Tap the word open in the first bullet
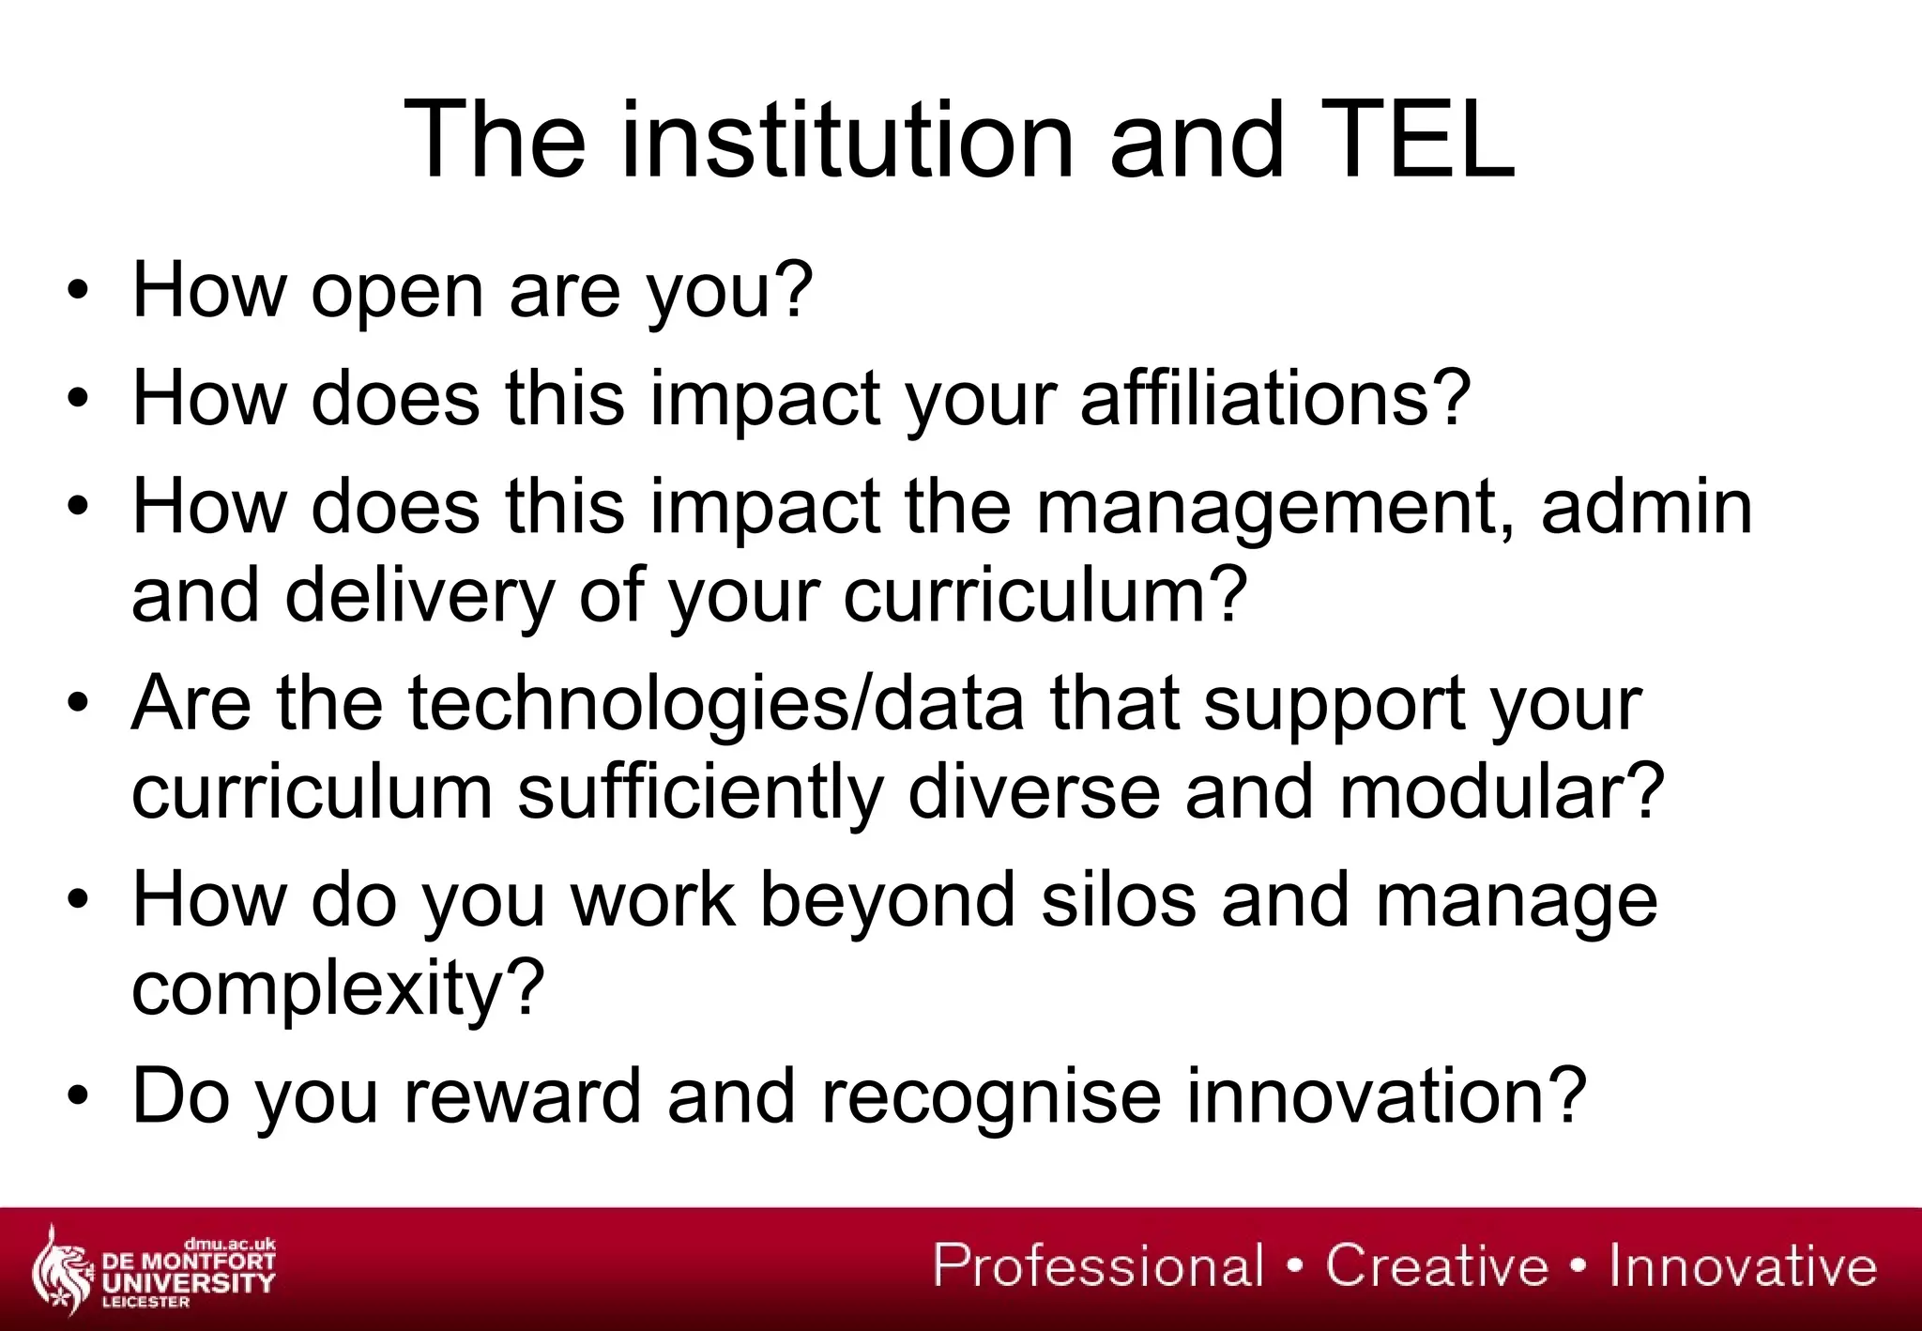pyautogui.click(x=398, y=291)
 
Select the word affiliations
pyautogui.click(x=1274, y=398)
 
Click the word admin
pyautogui.click(x=1646, y=507)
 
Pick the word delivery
pyautogui.click(x=419, y=597)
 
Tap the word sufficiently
pyautogui.click(x=700, y=793)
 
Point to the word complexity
pyautogui.click(x=337, y=989)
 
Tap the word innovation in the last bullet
pyautogui.click(x=1385, y=1095)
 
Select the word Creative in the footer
pyautogui.click(x=1436, y=1265)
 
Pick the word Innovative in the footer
pyautogui.click(x=1743, y=1265)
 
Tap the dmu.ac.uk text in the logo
pyautogui.click(x=230, y=1245)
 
